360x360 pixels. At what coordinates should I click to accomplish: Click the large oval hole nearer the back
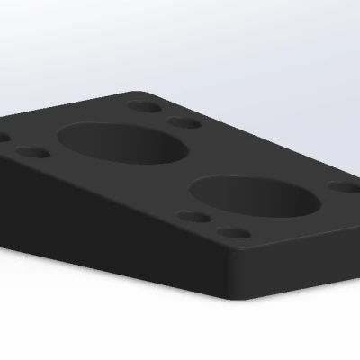(123, 145)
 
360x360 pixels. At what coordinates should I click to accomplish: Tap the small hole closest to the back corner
(142, 106)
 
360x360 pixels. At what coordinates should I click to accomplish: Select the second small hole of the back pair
(184, 122)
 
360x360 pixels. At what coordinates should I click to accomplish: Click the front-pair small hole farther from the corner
(191, 217)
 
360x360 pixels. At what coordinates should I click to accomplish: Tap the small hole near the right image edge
(342, 188)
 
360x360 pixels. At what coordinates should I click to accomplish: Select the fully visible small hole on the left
(32, 153)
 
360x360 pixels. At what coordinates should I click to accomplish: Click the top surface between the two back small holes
(163, 114)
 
